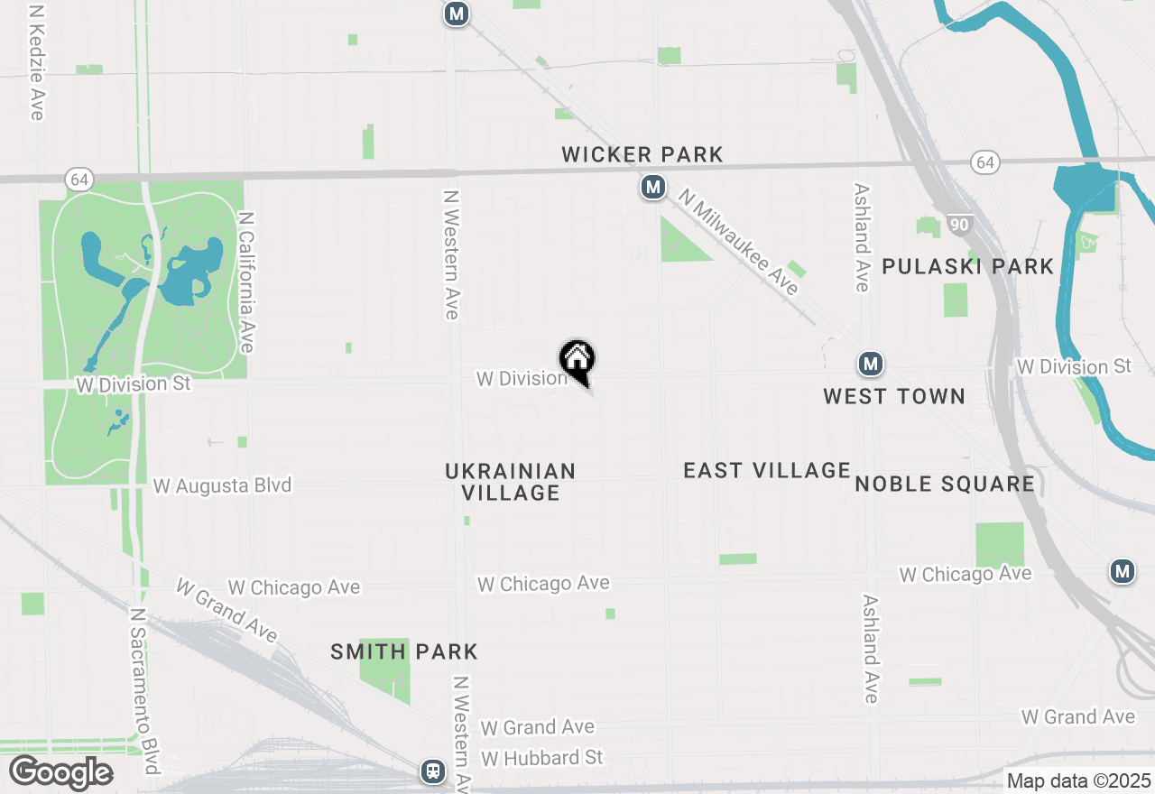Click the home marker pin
[577, 360]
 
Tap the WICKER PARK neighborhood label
[642, 155]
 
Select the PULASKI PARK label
[968, 267]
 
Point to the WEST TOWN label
[894, 396]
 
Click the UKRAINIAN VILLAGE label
[511, 482]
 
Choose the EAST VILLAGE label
[767, 470]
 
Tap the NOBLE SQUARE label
[945, 485]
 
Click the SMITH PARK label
[404, 652]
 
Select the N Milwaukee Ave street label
[739, 241]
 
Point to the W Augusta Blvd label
[222, 485]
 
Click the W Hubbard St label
[541, 757]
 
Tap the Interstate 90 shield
[958, 223]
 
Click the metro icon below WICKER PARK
[652, 188]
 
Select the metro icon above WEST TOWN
[870, 365]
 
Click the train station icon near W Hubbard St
[433, 771]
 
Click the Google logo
[60, 773]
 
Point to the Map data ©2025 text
[1078, 780]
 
